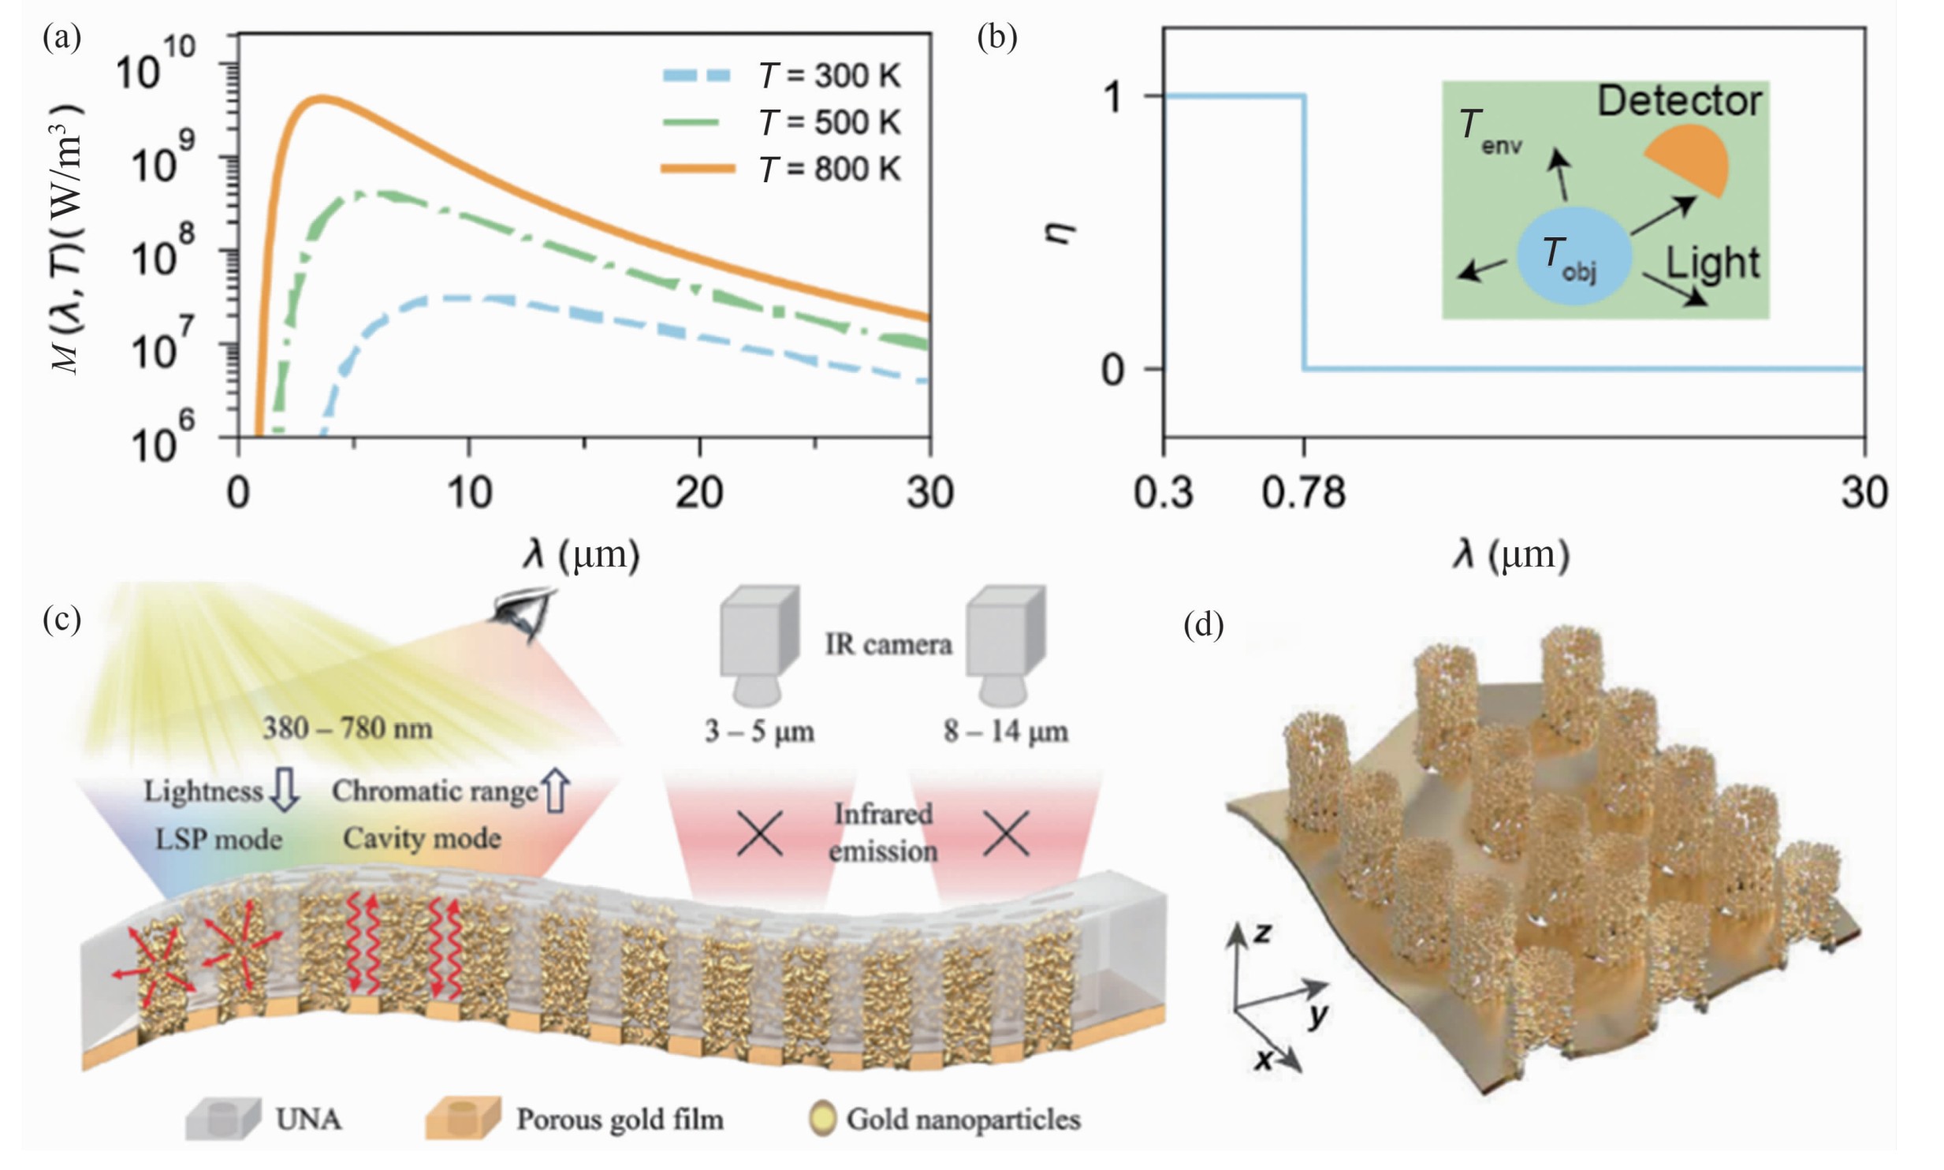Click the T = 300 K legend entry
pyautogui.click(x=780, y=76)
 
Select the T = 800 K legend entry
pyautogui.click(x=780, y=170)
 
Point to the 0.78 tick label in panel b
pyautogui.click(x=1303, y=494)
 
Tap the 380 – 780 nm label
pyautogui.click(x=348, y=728)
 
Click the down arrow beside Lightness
pyautogui.click(x=284, y=791)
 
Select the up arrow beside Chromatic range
pyautogui.click(x=557, y=791)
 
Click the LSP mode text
pyautogui.click(x=218, y=839)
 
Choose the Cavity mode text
pyautogui.click(x=422, y=837)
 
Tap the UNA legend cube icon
pyautogui.click(x=222, y=1120)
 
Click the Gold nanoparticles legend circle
pyautogui.click(x=823, y=1120)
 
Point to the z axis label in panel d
pyautogui.click(x=1262, y=933)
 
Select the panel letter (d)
pyautogui.click(x=1204, y=625)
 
